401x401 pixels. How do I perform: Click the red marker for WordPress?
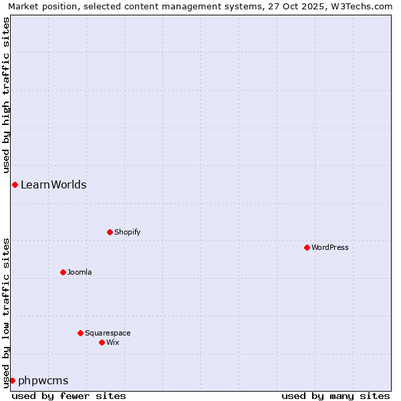coord(307,247)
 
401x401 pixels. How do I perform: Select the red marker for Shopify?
coord(110,232)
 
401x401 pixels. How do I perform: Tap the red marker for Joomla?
coord(63,272)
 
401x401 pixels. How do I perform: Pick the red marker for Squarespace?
coord(80,333)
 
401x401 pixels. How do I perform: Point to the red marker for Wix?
coord(102,342)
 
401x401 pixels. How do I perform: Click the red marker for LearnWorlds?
coord(15,184)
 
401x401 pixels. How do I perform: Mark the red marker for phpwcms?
coord(12,380)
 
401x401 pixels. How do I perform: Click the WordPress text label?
coord(330,247)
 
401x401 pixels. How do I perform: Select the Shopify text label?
coord(128,232)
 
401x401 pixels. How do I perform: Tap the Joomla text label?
coord(80,272)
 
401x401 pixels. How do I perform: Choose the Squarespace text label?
coord(108,333)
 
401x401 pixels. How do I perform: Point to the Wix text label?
coord(113,342)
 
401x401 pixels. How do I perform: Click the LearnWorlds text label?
coord(53,185)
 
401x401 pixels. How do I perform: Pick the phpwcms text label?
coord(43,381)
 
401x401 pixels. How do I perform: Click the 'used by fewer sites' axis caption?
coord(69,396)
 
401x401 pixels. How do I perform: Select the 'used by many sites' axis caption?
coord(336,396)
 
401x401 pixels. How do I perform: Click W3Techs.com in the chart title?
coord(364,7)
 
